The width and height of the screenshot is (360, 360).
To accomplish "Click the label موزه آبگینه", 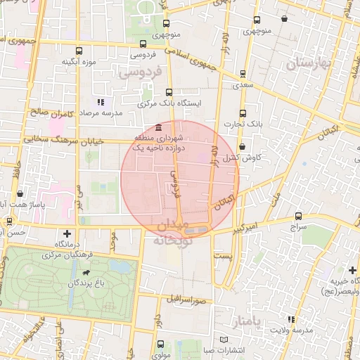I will (x=78, y=62).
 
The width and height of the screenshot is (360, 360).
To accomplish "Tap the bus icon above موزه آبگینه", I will (x=79, y=51).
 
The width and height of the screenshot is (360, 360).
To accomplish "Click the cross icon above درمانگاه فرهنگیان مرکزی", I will (x=67, y=233).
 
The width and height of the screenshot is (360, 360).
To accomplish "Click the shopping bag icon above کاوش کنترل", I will (x=242, y=146).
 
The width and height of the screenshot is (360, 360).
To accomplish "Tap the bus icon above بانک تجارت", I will (x=243, y=113).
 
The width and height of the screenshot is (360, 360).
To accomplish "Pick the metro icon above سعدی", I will (x=243, y=72).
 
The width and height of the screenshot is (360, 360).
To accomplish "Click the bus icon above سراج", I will (x=299, y=217).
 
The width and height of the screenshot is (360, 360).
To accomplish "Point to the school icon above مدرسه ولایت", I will (x=292, y=321).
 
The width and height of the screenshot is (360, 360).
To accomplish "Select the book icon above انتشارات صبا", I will (x=224, y=340).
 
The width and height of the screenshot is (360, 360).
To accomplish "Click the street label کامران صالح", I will (x=47, y=112).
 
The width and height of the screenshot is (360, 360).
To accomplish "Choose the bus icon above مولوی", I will (x=161, y=344).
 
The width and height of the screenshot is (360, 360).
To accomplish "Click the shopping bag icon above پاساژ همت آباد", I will (x=20, y=191).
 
